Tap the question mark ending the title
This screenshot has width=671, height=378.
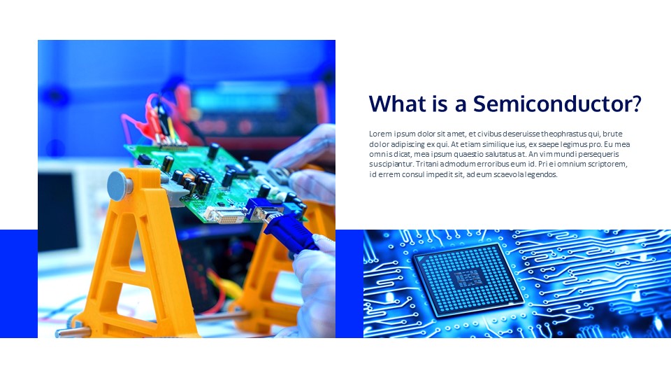pos(637,104)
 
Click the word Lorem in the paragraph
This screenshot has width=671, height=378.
pos(380,134)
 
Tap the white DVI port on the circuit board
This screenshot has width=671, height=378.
pos(225,213)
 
